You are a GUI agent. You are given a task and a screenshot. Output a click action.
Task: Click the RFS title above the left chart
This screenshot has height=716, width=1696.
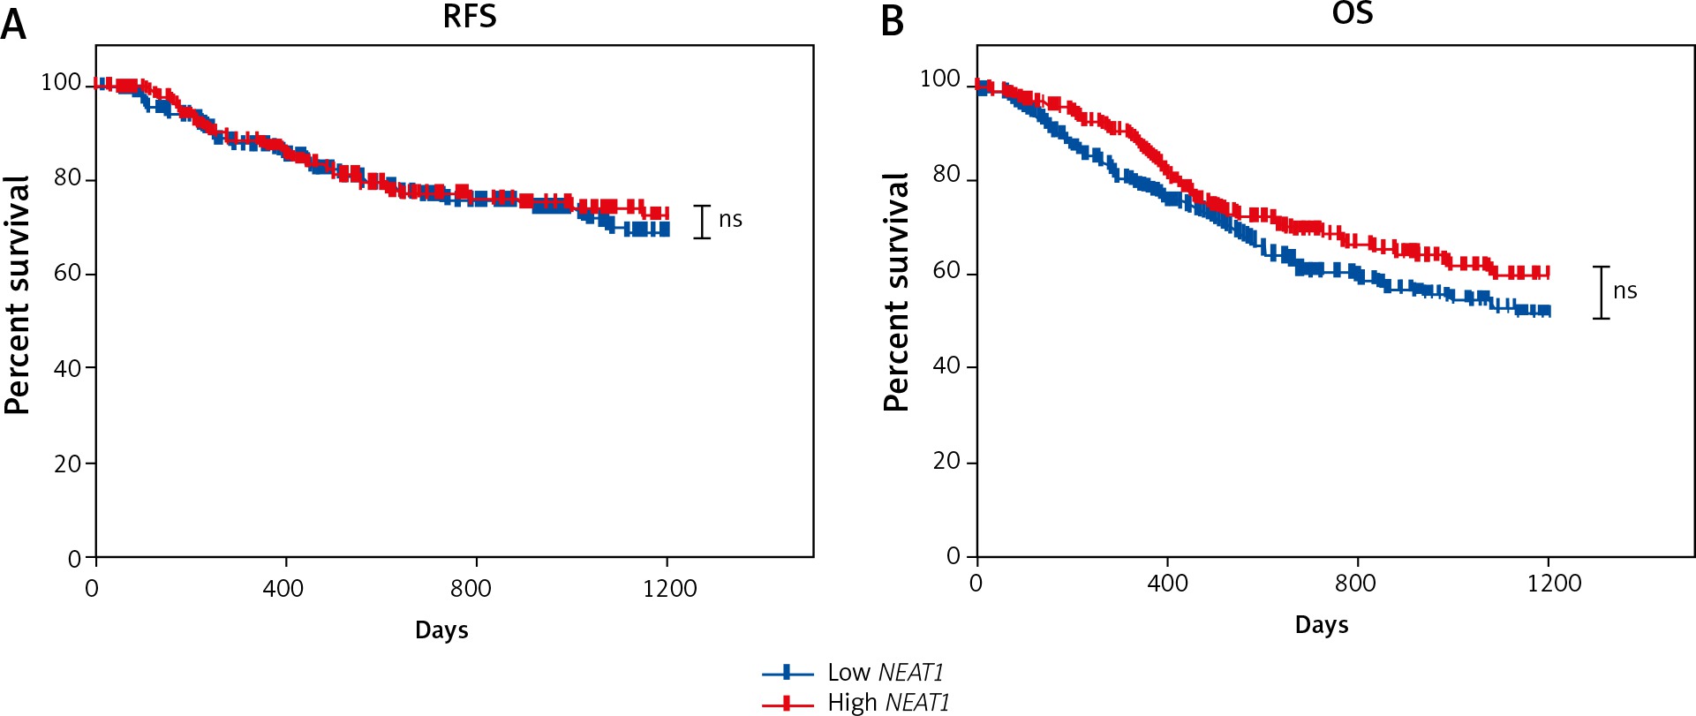point(470,17)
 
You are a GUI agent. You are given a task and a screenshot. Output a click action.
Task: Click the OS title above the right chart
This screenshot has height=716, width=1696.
point(1352,13)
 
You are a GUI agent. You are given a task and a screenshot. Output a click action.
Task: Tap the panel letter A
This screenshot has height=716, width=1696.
point(13,24)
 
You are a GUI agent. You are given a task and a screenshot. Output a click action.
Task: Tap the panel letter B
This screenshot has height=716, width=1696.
point(893,21)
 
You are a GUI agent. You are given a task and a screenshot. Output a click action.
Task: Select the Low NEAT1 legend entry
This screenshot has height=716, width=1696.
point(885,673)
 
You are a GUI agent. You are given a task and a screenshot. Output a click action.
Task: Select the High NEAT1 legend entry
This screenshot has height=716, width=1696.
point(887,703)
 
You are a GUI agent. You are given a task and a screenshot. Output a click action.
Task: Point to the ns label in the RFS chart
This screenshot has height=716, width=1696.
point(730,219)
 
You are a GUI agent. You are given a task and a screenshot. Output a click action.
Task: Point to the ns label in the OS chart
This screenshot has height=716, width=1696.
point(1624,290)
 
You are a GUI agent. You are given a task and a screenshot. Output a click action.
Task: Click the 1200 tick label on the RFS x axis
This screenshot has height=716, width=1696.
point(669,588)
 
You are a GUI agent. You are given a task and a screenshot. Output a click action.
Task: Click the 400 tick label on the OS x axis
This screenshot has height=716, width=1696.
point(1167,583)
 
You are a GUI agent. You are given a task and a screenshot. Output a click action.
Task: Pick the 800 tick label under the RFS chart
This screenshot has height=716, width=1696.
point(471,588)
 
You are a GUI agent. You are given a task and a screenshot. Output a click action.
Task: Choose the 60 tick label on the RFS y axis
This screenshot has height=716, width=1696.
point(68,273)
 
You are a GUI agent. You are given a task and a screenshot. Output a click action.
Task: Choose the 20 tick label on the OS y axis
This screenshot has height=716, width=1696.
point(946,461)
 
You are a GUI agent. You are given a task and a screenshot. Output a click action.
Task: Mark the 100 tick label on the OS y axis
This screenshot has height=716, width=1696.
point(940,79)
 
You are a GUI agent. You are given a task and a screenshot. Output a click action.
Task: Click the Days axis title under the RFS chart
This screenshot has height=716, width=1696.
point(441,630)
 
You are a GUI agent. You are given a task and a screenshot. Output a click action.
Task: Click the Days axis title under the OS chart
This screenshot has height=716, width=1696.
point(1322,625)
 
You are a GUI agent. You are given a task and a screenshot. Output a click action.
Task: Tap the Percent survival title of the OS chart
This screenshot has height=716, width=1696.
point(896,292)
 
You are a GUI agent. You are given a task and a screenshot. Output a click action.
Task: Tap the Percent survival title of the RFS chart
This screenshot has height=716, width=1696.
point(17,295)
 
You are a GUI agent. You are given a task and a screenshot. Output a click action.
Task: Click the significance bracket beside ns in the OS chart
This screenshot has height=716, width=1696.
point(1601,292)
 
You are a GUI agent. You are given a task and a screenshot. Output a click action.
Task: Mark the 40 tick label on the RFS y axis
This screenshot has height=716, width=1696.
point(68,368)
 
